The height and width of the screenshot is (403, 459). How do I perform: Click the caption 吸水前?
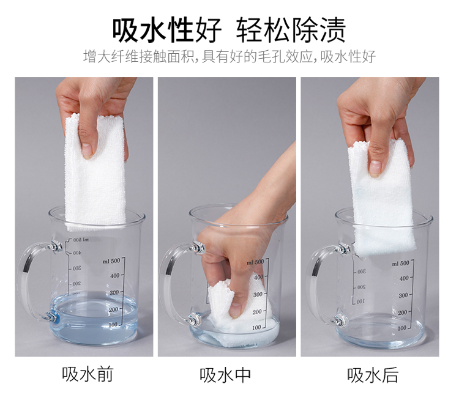pyautogui.click(x=88, y=375)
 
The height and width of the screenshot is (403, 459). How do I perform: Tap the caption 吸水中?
pyautogui.click(x=225, y=375)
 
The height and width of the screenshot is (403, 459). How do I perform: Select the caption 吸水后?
pyautogui.click(x=372, y=375)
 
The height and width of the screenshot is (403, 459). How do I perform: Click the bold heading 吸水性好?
pyautogui.click(x=167, y=30)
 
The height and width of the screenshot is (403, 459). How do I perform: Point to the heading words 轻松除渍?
pyautogui.click(x=291, y=30)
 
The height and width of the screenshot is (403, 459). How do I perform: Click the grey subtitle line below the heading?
pyautogui.click(x=229, y=56)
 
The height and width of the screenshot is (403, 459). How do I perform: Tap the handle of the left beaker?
pyautogui.click(x=29, y=281)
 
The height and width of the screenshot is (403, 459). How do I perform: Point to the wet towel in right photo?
pyautogui.click(x=381, y=199)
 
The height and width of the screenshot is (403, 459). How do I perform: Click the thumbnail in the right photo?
pyautogui.click(x=375, y=169)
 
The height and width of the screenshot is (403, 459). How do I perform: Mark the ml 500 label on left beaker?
pyautogui.click(x=111, y=261)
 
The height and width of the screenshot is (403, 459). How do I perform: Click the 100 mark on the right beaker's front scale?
pyautogui.click(x=402, y=328)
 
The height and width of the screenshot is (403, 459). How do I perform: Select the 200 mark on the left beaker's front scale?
pyautogui.click(x=113, y=309)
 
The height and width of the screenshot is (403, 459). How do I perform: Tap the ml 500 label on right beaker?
pyautogui.click(x=400, y=263)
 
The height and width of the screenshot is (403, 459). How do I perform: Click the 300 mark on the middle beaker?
pyautogui.click(x=258, y=294)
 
